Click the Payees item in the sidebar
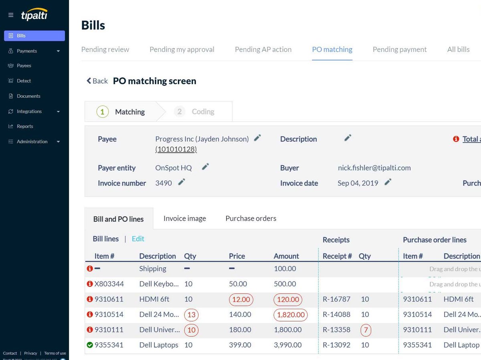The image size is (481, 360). tap(24, 66)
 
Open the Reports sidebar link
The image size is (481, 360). tap(25, 127)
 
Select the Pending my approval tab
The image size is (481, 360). tap(182, 50)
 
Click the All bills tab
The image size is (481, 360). tap(458, 50)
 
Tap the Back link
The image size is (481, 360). tap(97, 81)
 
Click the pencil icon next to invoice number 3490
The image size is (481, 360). tap(182, 182)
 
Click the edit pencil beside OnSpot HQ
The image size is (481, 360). tap(205, 167)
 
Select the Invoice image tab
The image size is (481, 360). tap(184, 219)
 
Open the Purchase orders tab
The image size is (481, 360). tap(251, 219)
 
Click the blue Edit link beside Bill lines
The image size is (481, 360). tap(138, 239)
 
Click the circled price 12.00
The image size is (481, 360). tap(241, 300)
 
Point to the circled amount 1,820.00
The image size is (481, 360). tap(290, 315)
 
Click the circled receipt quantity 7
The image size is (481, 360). tap(365, 330)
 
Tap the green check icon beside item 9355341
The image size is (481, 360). tap(90, 345)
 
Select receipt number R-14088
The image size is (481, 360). tap(336, 315)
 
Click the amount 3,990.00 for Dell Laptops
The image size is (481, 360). tap(287, 345)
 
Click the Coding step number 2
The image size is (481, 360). tap(180, 112)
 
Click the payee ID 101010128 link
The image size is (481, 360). tap(176, 149)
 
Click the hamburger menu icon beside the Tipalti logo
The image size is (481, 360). tap(11, 15)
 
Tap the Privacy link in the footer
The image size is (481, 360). tap(30, 353)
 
